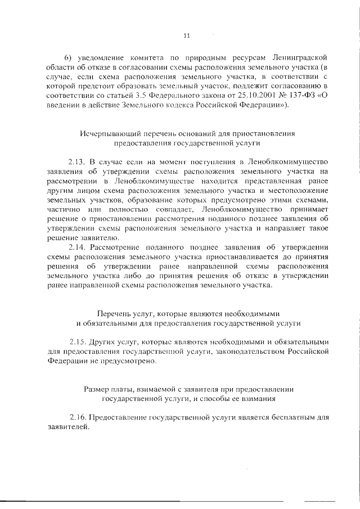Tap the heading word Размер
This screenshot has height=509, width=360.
(97, 389)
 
